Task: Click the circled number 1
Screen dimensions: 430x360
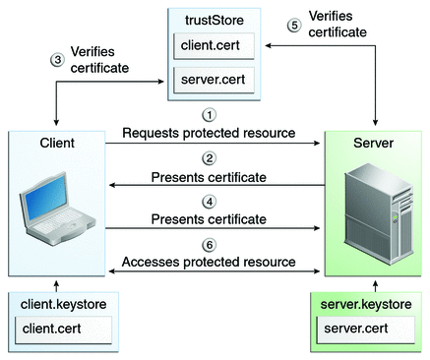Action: pos(209,115)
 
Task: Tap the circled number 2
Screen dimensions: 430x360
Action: pos(209,158)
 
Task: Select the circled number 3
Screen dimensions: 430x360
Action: pos(57,60)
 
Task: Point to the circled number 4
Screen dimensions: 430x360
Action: pos(210,202)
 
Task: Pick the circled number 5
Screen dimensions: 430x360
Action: pos(294,26)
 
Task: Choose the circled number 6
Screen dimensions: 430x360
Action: pos(210,245)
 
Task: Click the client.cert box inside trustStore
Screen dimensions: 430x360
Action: pos(214,46)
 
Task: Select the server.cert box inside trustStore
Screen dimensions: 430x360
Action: pos(214,80)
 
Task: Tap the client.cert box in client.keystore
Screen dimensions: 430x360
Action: pos(63,330)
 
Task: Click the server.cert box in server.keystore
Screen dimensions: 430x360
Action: pos(365,330)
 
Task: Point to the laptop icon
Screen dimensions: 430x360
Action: pos(56,209)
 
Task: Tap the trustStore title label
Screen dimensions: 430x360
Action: pos(215,21)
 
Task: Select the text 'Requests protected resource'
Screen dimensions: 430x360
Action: pos(209,133)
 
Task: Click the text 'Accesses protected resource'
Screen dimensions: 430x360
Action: pos(209,262)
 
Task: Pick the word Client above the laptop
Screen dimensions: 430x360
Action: pos(57,143)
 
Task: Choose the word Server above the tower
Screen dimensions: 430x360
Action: pos(373,143)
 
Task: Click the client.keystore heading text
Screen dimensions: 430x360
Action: pos(63,304)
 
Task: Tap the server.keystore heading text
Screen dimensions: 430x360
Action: pos(366,304)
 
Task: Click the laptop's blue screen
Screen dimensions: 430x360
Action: pos(45,199)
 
